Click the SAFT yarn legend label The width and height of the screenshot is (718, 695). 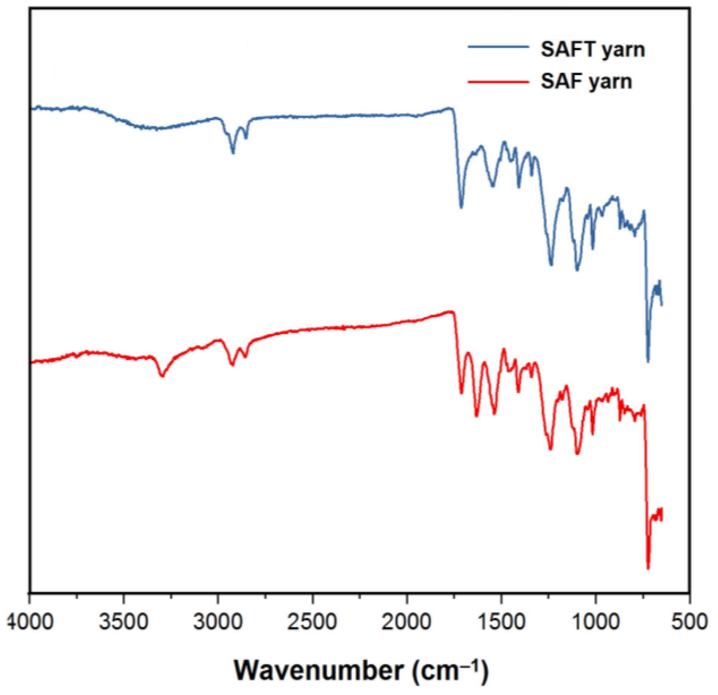click(x=593, y=49)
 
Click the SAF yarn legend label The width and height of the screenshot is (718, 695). click(x=586, y=81)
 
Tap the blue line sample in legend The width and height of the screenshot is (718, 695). click(x=498, y=47)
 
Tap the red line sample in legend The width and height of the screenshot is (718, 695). click(x=498, y=81)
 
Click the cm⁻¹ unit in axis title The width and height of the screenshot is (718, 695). click(x=450, y=670)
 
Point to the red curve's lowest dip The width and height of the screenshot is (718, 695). click(x=648, y=568)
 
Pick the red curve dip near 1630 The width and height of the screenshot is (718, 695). click(x=477, y=416)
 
